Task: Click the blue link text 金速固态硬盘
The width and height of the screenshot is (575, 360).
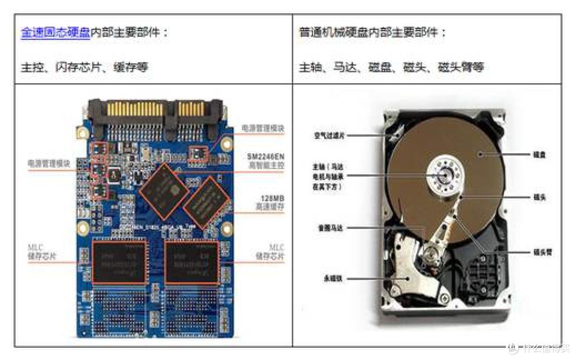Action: point(55,33)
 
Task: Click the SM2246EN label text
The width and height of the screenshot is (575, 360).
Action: point(266,157)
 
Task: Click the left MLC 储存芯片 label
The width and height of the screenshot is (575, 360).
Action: point(42,252)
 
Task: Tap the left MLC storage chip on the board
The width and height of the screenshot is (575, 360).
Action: point(119,261)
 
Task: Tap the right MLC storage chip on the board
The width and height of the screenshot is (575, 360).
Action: point(192,262)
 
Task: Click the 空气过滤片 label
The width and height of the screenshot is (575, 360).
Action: point(330,136)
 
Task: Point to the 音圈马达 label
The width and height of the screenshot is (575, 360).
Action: point(330,228)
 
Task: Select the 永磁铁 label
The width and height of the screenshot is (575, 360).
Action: point(333,278)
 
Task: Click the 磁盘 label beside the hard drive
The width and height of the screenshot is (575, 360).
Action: point(539,154)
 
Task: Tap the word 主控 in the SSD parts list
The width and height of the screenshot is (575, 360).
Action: point(32,68)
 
